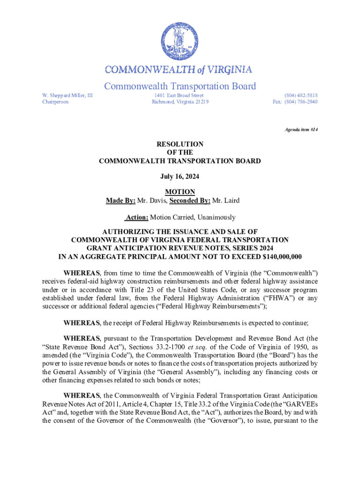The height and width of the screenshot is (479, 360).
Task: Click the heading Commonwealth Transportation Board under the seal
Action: [x=180, y=87]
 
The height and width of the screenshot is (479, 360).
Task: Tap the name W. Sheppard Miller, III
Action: [x=67, y=95]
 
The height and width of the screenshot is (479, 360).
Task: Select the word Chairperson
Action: [x=55, y=102]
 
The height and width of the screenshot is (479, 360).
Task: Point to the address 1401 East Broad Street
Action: [x=179, y=95]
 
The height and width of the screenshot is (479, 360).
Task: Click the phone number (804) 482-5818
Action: [x=302, y=95]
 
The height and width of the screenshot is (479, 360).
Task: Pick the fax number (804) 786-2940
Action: [x=302, y=102]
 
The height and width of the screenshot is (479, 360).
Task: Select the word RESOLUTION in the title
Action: [x=180, y=145]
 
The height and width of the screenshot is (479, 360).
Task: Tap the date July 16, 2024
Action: [x=180, y=177]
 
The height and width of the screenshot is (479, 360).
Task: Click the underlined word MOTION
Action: [x=180, y=192]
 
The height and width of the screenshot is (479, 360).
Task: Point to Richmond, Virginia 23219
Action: [x=180, y=102]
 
